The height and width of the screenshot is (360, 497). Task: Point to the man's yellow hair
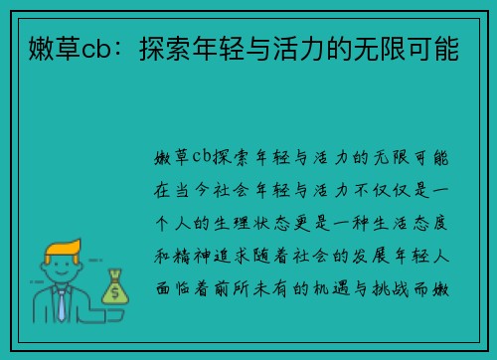pos(60,248)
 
